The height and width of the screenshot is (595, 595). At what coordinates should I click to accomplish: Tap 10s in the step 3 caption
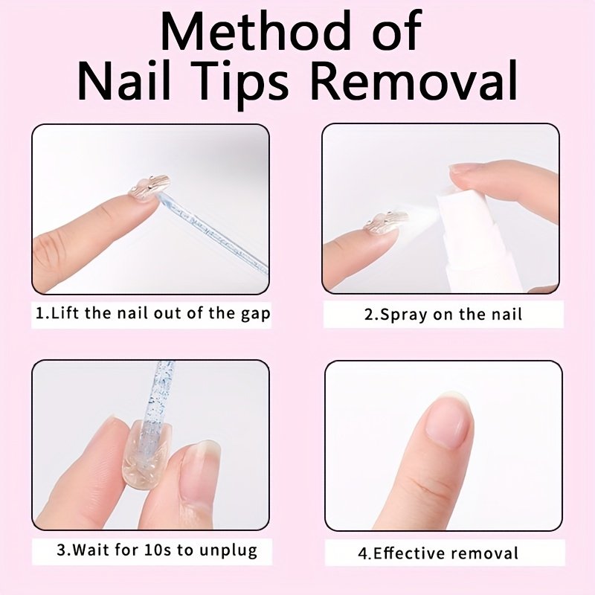(158, 550)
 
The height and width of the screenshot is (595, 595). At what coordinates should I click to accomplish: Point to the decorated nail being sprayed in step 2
(385, 222)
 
